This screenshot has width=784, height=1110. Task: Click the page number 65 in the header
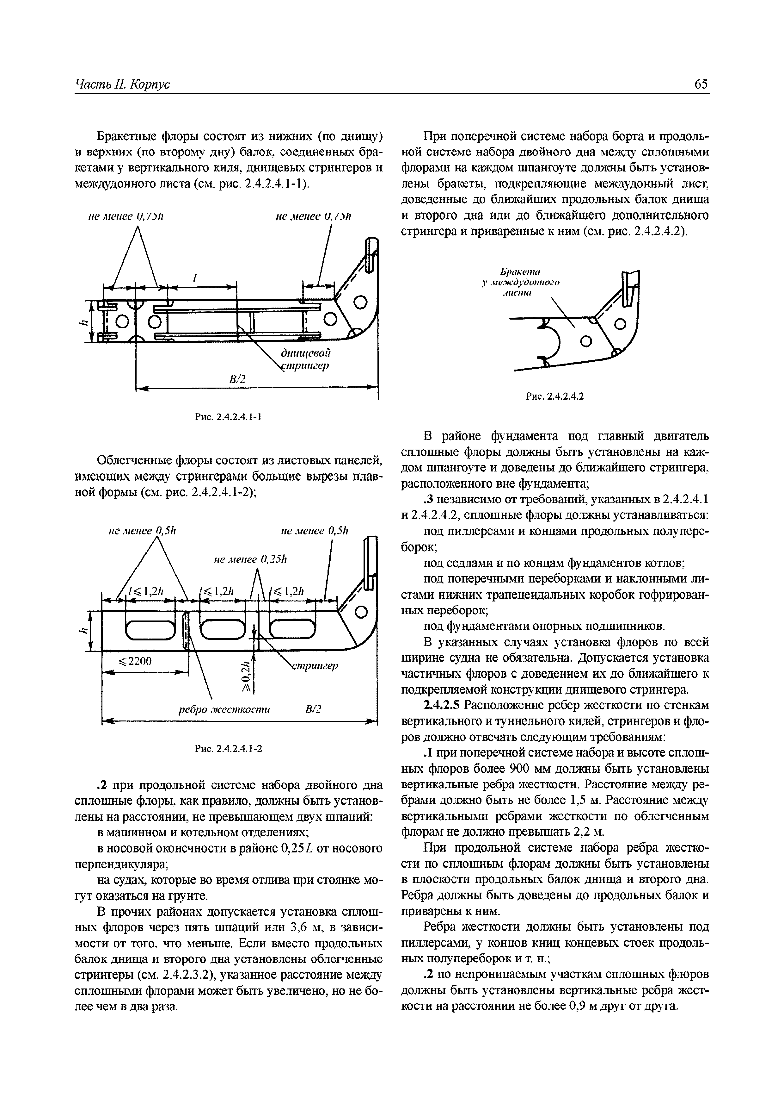point(701,84)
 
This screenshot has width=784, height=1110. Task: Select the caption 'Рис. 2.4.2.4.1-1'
point(228,416)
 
